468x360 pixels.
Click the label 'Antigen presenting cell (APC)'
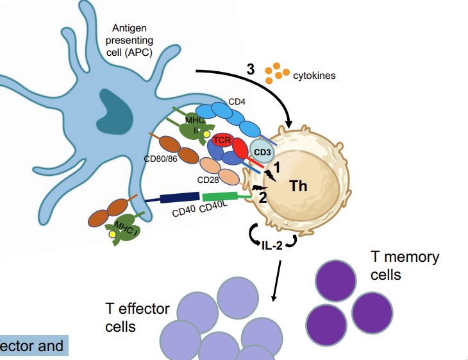pyautogui.click(x=133, y=40)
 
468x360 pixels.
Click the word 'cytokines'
pyautogui.click(x=314, y=76)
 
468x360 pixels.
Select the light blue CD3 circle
pyautogui.click(x=260, y=152)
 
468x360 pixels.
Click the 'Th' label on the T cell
pyautogui.click(x=299, y=186)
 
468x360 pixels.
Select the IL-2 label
pyautogui.click(x=272, y=244)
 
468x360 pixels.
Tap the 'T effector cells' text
pyautogui.click(x=137, y=317)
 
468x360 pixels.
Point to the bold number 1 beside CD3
pyautogui.click(x=277, y=167)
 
